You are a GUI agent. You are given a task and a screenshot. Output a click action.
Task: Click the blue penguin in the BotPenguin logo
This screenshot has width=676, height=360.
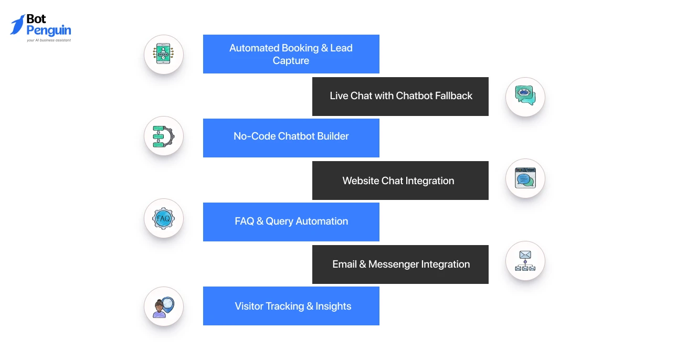tap(17, 25)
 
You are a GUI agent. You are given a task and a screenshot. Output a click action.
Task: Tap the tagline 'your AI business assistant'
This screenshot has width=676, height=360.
tap(49, 40)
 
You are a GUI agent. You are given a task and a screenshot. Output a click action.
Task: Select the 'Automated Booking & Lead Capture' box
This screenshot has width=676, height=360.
tap(291, 54)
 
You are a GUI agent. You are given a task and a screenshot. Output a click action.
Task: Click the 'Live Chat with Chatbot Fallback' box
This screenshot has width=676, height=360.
tap(400, 97)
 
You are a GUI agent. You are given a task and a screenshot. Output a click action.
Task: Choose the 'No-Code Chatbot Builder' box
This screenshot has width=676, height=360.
tap(291, 138)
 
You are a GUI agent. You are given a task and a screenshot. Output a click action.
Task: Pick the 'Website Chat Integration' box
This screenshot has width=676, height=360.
tap(400, 181)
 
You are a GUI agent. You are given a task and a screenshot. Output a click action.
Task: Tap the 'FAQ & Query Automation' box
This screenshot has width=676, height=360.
tap(291, 222)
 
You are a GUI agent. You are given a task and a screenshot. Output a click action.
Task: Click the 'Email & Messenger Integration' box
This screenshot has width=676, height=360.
tap(400, 264)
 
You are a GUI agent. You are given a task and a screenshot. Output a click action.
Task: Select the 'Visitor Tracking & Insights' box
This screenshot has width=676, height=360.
tap(291, 306)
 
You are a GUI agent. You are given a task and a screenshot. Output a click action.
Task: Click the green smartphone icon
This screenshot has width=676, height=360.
tap(163, 54)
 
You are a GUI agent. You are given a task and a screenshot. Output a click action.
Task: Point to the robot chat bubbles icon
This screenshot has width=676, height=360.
tap(525, 96)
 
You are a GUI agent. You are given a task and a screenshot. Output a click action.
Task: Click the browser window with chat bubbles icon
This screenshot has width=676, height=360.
tap(525, 178)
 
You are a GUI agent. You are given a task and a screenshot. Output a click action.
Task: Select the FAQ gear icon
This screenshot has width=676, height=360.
tap(164, 218)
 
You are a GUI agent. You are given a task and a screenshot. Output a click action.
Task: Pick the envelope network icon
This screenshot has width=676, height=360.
tap(525, 261)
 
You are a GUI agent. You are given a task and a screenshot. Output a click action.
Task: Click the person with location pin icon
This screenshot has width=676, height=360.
tap(164, 307)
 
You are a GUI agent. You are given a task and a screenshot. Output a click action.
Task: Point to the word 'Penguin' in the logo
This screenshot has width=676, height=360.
tap(49, 31)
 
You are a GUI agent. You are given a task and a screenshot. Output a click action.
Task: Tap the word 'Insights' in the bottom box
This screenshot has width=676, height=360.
tap(333, 306)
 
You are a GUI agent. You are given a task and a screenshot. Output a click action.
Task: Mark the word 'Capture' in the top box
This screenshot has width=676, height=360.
tap(291, 61)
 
